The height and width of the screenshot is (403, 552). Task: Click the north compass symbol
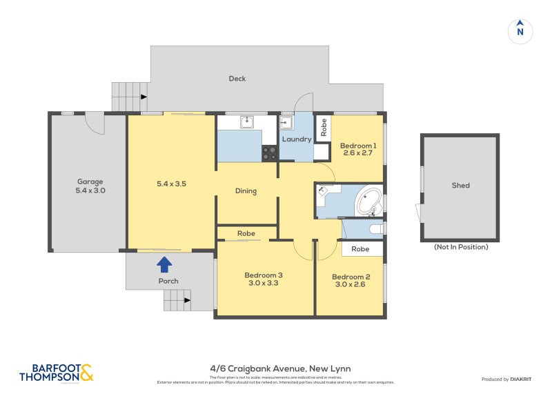[x=520, y=31]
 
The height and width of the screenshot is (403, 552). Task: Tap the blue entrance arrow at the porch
[x=164, y=264]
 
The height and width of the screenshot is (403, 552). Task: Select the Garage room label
[x=90, y=182]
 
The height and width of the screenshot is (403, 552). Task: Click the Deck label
[x=237, y=79]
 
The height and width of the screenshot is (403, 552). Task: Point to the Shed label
[x=460, y=186]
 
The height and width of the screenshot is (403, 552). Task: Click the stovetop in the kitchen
[x=269, y=153]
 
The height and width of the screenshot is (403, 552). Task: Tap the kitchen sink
[x=247, y=122]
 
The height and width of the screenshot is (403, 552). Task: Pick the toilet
[x=375, y=228]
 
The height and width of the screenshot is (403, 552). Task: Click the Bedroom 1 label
[x=358, y=146]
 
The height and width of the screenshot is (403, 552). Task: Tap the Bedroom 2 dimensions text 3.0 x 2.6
[x=350, y=284]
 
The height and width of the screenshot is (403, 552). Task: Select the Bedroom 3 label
[x=264, y=275]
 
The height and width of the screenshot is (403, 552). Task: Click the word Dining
[x=246, y=191]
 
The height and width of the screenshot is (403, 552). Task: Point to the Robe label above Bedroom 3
[x=246, y=234]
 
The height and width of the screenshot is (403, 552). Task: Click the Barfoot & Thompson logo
[x=55, y=373]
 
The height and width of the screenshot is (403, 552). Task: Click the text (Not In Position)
[x=460, y=247]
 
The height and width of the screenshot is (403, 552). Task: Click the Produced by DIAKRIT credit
[x=510, y=380]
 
